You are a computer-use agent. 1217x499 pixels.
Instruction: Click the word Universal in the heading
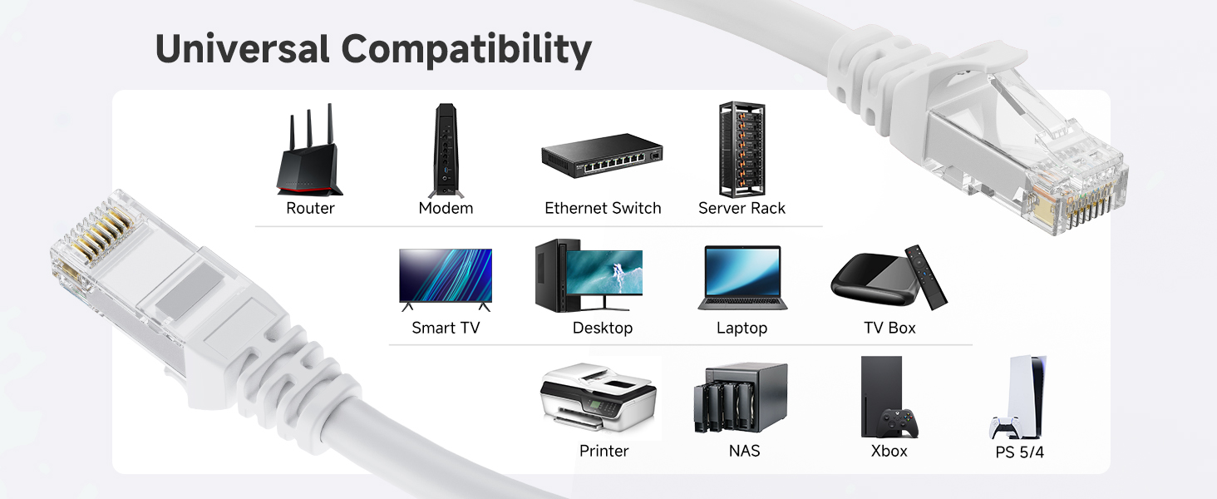[242, 49]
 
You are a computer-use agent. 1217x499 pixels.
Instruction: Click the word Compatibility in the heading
[466, 51]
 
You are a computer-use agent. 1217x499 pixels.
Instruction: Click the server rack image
[742, 150]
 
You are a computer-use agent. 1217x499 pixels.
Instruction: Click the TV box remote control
[925, 276]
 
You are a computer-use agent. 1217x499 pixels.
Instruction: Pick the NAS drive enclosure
[740, 398]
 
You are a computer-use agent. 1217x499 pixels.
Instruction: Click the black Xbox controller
[899, 422]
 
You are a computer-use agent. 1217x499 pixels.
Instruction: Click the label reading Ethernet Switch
[603, 208]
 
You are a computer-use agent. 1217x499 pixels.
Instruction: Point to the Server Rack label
[742, 208]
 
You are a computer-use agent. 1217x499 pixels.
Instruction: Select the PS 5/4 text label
[1019, 452]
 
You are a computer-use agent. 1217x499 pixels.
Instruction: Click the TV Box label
[889, 328]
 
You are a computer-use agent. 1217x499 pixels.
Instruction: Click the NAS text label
[743, 451]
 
